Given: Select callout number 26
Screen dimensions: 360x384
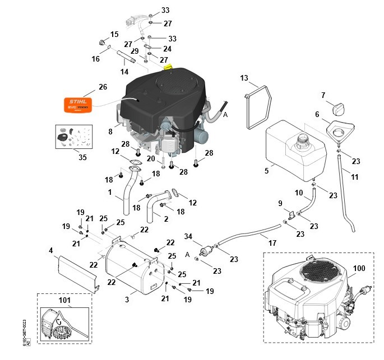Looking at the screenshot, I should (103, 87).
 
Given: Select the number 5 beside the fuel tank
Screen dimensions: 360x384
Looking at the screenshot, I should (267, 171).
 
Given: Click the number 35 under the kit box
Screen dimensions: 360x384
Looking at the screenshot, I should (83, 157).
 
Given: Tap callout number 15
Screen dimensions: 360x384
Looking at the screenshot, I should (114, 35).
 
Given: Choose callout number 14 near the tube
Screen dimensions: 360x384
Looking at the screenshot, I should (124, 72).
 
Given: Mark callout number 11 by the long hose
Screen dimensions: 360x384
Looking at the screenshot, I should (354, 177).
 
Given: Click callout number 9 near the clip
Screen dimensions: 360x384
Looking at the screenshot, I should (281, 203).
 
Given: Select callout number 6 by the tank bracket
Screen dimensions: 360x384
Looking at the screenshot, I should (317, 114).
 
